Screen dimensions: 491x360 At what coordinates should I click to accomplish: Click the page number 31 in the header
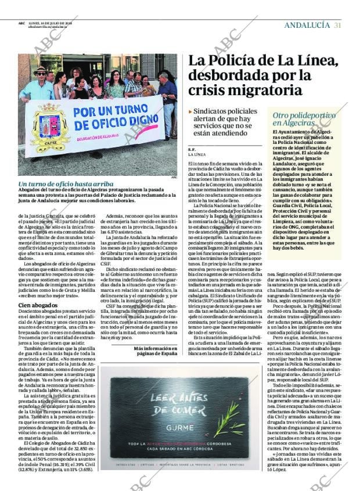coord(337,25)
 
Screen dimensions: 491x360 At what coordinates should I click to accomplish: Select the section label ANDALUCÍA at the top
coord(307,25)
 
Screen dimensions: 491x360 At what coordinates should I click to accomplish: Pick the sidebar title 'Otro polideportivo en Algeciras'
coord(304,119)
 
